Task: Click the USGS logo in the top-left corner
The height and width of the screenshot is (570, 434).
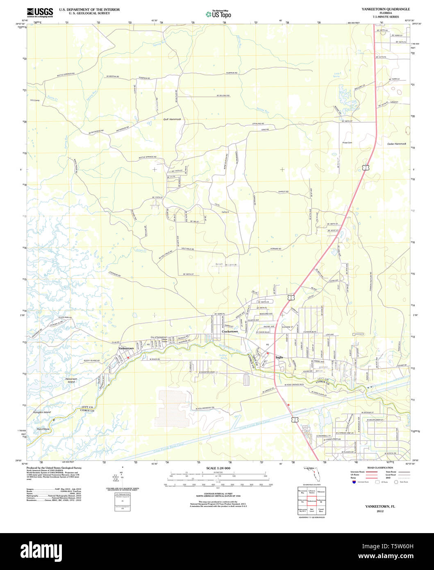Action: point(39,12)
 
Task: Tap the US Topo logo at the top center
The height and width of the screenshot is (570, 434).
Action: point(218,14)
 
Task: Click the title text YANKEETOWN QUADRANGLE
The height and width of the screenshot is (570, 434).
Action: point(385,9)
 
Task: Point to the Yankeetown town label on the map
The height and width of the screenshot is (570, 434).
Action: point(126,348)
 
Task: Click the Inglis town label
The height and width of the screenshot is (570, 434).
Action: point(279,357)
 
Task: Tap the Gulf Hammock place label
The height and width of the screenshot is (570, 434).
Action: point(172,119)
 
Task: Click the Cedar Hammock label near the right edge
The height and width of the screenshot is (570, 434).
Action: point(396,144)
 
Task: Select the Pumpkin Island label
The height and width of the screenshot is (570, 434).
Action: point(42,412)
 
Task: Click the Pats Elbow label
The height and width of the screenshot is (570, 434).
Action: point(43,429)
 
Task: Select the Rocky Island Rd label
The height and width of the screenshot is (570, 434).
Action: point(92,360)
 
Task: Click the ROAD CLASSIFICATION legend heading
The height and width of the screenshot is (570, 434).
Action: point(380,468)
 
